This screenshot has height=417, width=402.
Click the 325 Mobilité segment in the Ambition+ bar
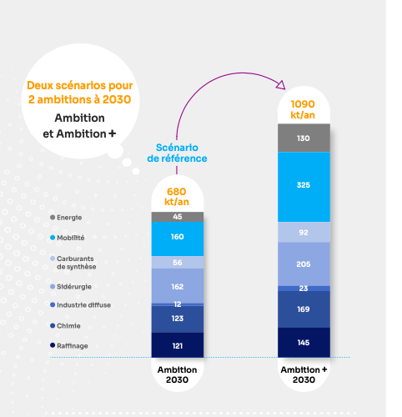(x=303, y=185)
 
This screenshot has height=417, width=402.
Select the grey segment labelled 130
(x=303, y=138)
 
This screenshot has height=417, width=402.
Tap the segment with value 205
(x=303, y=264)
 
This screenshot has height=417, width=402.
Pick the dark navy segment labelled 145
(x=303, y=343)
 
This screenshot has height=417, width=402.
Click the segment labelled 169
(x=303, y=309)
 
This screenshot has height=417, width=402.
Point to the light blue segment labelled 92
(x=303, y=232)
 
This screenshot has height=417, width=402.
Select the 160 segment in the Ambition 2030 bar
(x=177, y=238)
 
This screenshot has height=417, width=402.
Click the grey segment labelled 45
(x=177, y=217)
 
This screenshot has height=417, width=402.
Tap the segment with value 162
(x=177, y=285)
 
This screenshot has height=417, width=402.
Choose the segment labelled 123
(x=177, y=319)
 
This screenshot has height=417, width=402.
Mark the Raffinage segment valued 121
(x=177, y=344)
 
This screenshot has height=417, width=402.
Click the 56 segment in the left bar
(x=177, y=262)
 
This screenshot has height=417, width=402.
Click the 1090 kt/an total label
(x=303, y=108)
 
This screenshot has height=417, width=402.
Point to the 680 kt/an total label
(x=177, y=197)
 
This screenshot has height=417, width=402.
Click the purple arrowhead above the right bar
(x=282, y=86)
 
